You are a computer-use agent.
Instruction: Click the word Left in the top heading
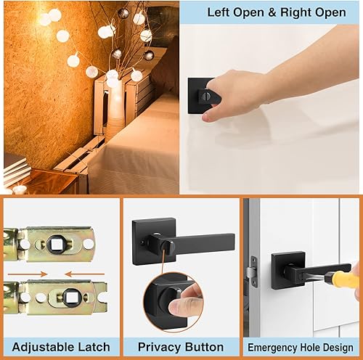(x=219, y=12)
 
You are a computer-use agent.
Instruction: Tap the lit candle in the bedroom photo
(x=20, y=188)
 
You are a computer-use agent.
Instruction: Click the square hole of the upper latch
(x=57, y=243)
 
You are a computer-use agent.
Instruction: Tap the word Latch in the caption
(x=93, y=347)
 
